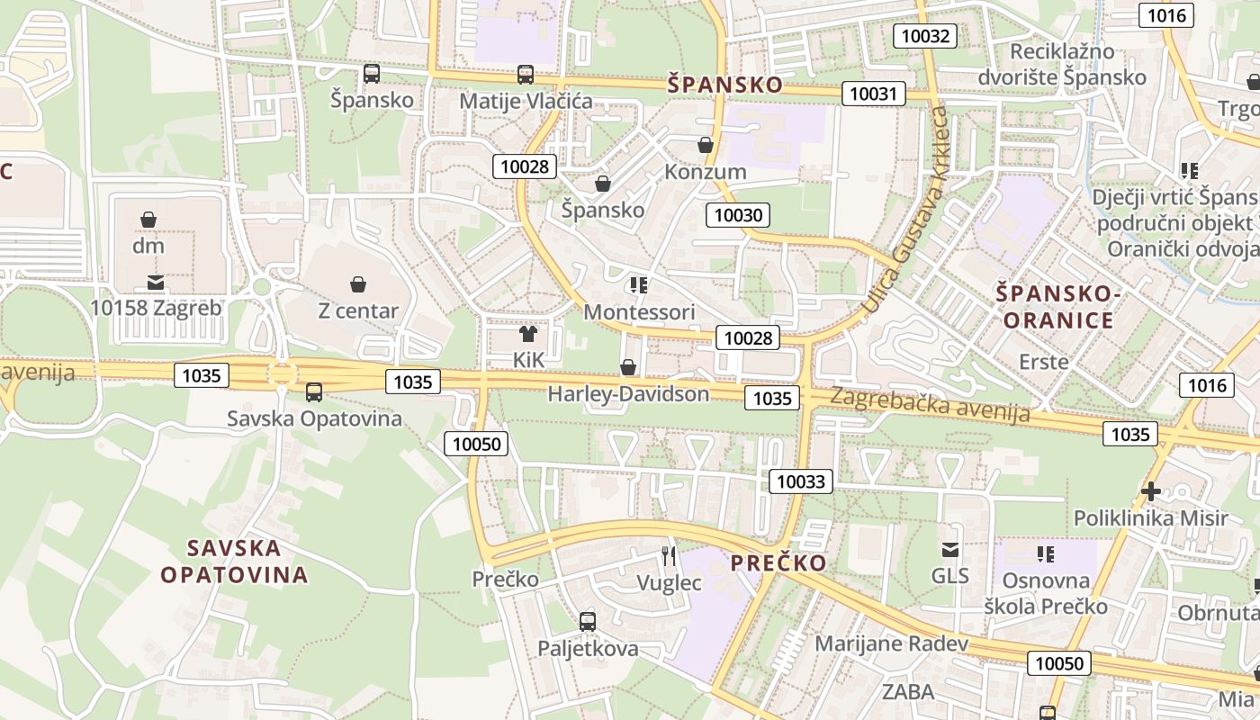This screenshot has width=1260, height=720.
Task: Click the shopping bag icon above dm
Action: (148, 219)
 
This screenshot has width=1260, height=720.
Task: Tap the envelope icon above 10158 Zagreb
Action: (157, 283)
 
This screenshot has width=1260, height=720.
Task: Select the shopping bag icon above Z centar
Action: (358, 284)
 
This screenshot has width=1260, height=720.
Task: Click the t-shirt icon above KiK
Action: (528, 334)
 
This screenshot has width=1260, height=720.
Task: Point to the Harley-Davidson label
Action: (628, 393)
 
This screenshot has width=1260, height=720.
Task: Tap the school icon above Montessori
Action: (639, 285)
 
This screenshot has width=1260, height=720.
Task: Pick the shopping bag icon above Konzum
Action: (706, 145)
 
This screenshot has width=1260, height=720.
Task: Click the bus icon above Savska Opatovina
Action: (313, 391)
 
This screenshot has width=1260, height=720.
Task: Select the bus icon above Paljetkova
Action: (588, 621)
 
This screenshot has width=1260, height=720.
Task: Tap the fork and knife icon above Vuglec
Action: (669, 555)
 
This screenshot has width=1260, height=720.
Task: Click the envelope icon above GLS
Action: (949, 549)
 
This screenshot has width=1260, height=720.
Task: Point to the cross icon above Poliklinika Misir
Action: (1150, 491)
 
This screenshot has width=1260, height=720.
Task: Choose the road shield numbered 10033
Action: (801, 481)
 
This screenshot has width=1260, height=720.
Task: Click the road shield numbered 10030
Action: (738, 215)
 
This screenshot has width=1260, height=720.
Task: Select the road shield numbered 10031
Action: (873, 94)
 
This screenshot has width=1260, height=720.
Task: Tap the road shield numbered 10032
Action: (924, 36)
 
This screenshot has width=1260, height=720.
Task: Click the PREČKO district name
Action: (778, 563)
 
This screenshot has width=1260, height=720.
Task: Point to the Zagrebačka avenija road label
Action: (930, 404)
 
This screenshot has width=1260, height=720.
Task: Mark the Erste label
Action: (1044, 362)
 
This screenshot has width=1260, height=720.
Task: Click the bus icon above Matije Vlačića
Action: (526, 74)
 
